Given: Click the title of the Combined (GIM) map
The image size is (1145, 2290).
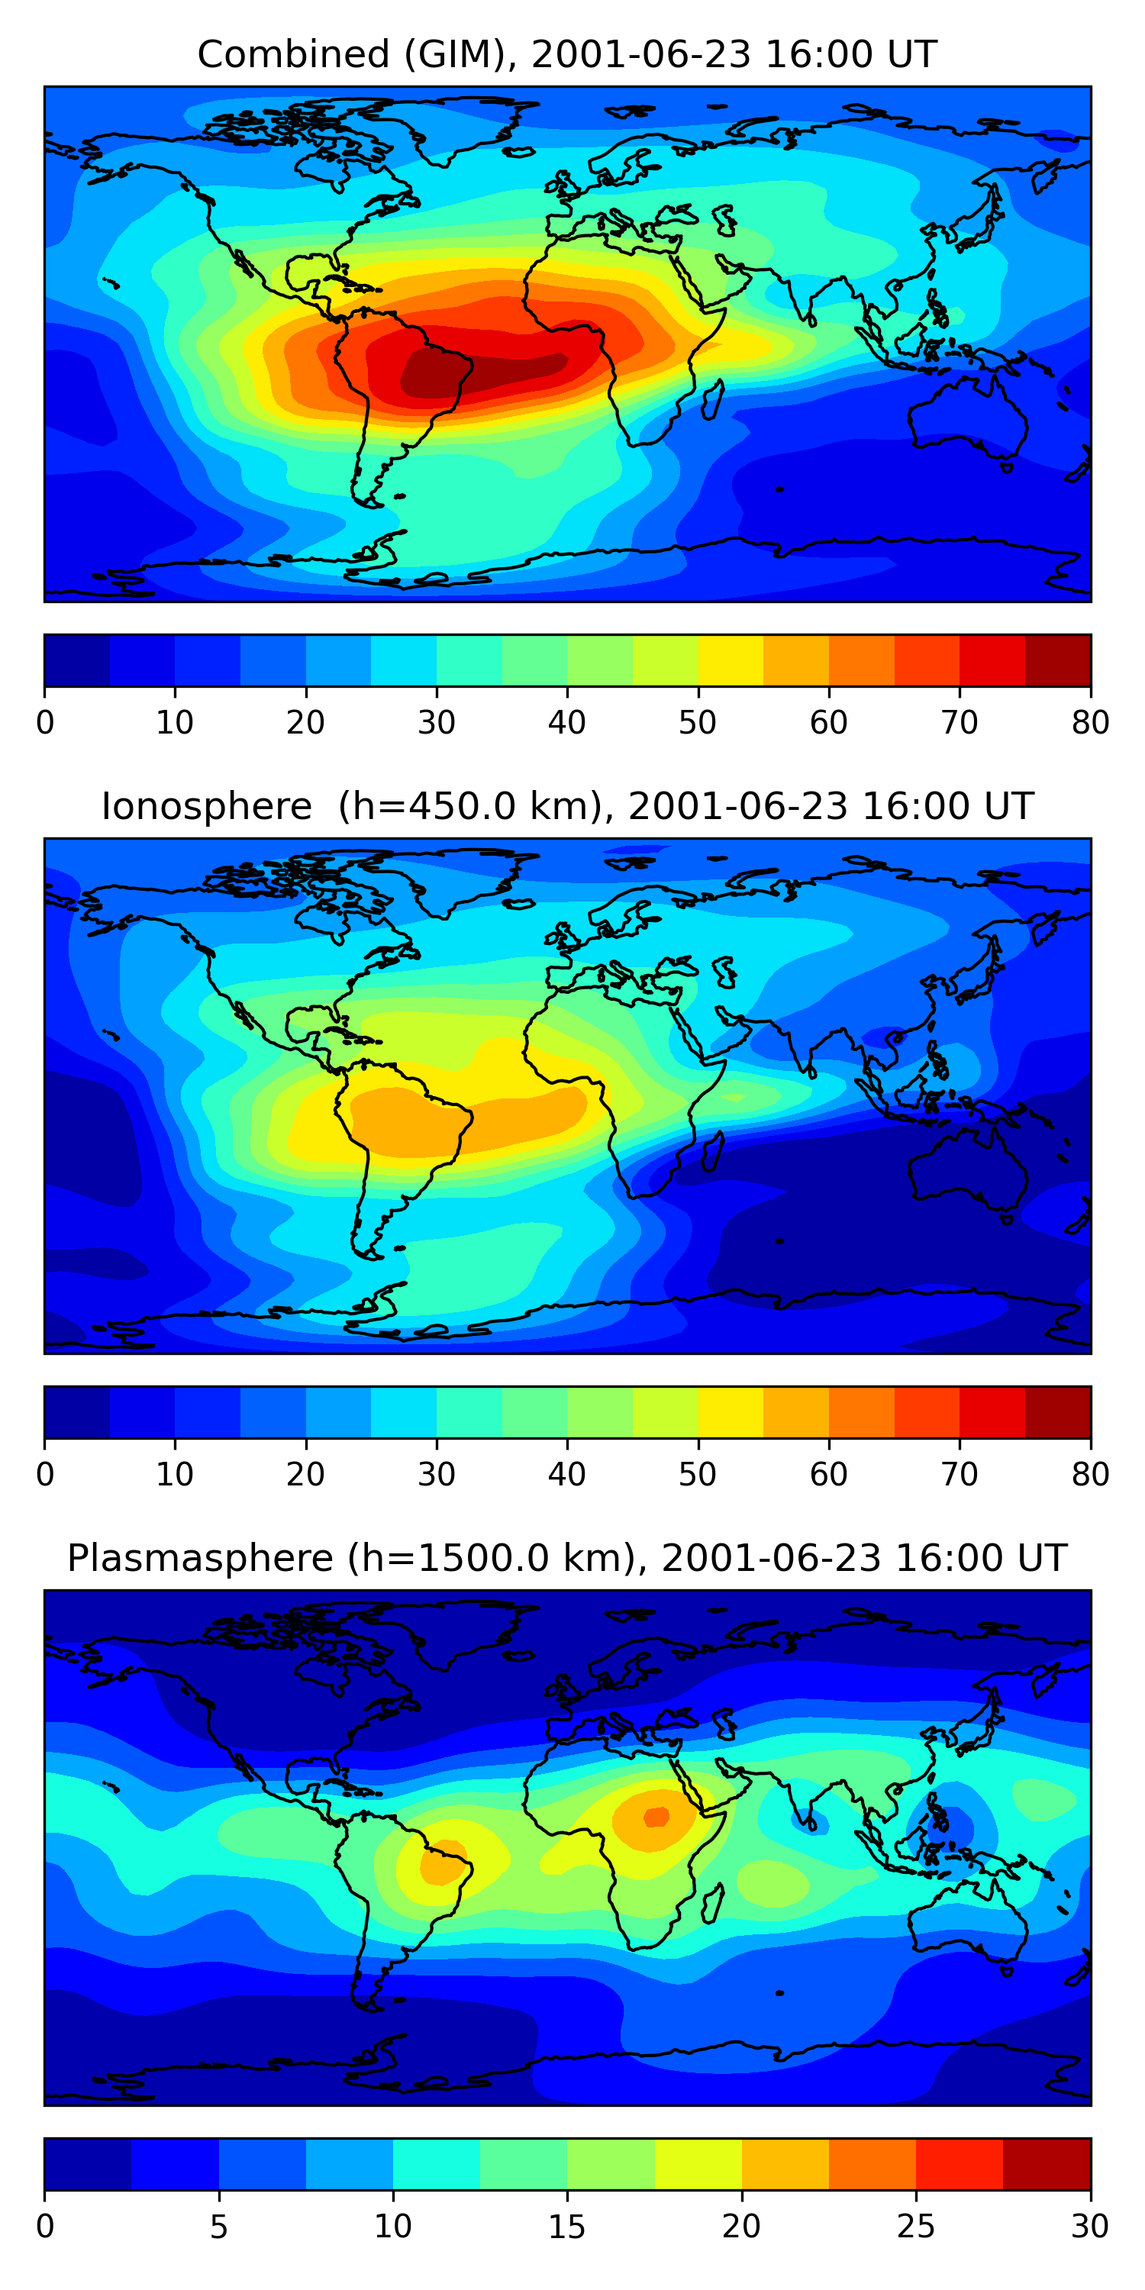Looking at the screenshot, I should click(566, 54).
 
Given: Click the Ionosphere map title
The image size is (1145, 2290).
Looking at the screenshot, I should click(566, 806).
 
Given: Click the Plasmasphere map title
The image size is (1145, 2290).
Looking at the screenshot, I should click(566, 1559).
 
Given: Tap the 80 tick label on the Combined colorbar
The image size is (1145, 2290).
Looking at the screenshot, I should click(1090, 723).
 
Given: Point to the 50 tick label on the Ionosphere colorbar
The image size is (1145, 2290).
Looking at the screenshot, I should click(698, 1475).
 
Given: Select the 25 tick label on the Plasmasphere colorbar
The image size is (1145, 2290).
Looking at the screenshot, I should click(916, 2227).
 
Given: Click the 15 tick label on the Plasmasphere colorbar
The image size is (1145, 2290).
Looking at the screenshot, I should click(567, 2227).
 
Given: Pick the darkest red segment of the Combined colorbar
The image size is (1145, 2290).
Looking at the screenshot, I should click(1058, 660).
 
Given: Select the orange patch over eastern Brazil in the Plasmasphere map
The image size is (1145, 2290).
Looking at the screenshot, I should click(442, 1866).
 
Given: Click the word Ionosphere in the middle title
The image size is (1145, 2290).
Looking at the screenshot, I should click(206, 806).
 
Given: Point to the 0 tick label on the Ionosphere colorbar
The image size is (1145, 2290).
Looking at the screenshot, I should click(45, 1475).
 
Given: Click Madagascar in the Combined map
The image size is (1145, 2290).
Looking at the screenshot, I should click(712, 401).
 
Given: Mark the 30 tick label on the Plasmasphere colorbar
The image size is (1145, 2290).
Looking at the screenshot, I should click(1090, 2227).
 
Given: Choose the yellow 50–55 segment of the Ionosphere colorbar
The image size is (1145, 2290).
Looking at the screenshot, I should click(731, 1413).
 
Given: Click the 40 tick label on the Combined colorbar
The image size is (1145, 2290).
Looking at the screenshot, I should click(567, 723).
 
